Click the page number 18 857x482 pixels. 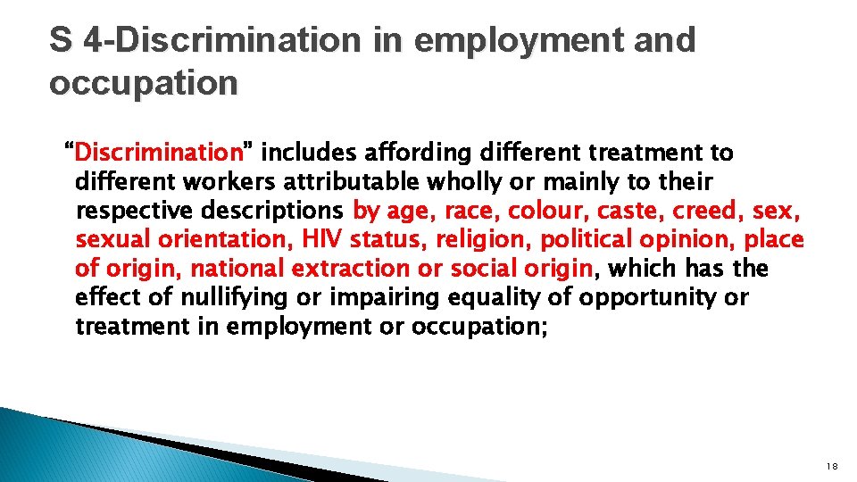point(832,467)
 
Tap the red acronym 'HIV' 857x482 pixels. point(322,240)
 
